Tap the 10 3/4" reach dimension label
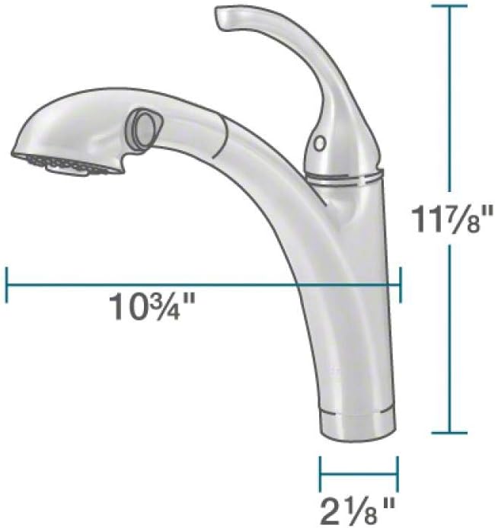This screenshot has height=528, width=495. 152,307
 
